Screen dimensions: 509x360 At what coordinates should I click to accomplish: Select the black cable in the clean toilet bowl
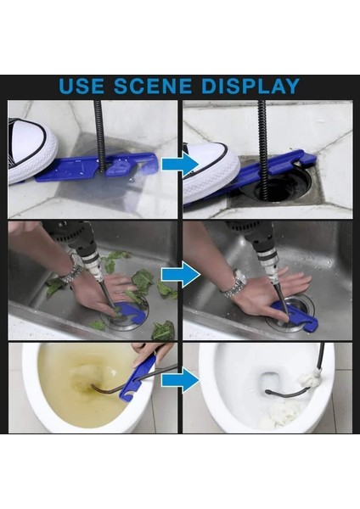(x=284, y=394)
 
